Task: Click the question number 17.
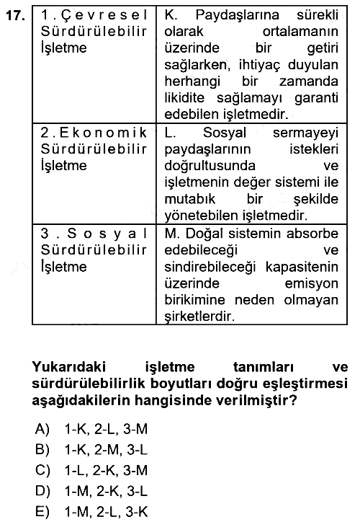click(16, 15)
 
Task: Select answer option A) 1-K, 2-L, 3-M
click(91, 429)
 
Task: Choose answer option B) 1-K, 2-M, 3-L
click(91, 450)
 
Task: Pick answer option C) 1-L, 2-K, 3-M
click(91, 470)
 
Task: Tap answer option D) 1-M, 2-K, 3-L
click(91, 491)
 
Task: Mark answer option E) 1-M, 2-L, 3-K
click(91, 512)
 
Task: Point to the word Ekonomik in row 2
click(104, 133)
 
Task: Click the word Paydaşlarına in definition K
click(237, 16)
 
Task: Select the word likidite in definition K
click(184, 98)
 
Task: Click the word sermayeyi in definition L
click(305, 133)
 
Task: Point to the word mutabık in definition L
click(190, 199)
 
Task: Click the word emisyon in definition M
click(312, 284)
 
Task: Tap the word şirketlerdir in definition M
click(199, 317)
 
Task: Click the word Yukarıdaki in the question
click(69, 367)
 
